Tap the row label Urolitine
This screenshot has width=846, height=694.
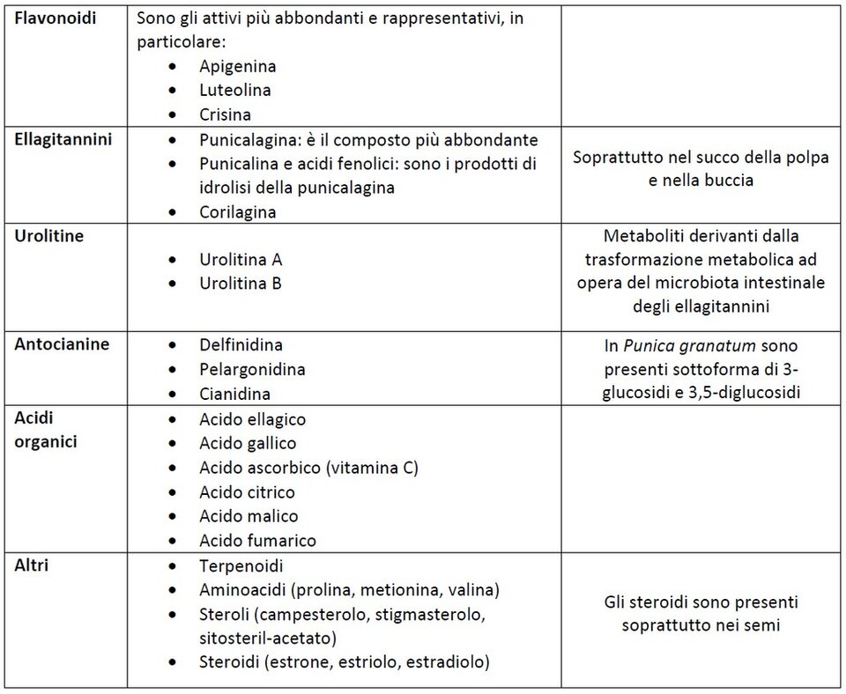49,237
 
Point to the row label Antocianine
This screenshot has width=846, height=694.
62,344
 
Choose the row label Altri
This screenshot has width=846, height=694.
32,565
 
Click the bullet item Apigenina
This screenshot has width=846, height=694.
237,66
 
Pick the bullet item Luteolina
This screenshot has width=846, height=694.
234,90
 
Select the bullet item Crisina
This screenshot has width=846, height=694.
225,114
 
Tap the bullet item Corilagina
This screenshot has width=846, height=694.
237,212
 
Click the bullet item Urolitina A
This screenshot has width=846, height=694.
241,260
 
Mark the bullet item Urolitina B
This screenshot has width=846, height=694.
241,284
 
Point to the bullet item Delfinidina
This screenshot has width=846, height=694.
241,345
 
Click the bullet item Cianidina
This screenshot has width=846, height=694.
234,394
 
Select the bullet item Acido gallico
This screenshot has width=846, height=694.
248,443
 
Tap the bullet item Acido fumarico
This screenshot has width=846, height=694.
257,541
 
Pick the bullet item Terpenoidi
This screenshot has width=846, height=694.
241,566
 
